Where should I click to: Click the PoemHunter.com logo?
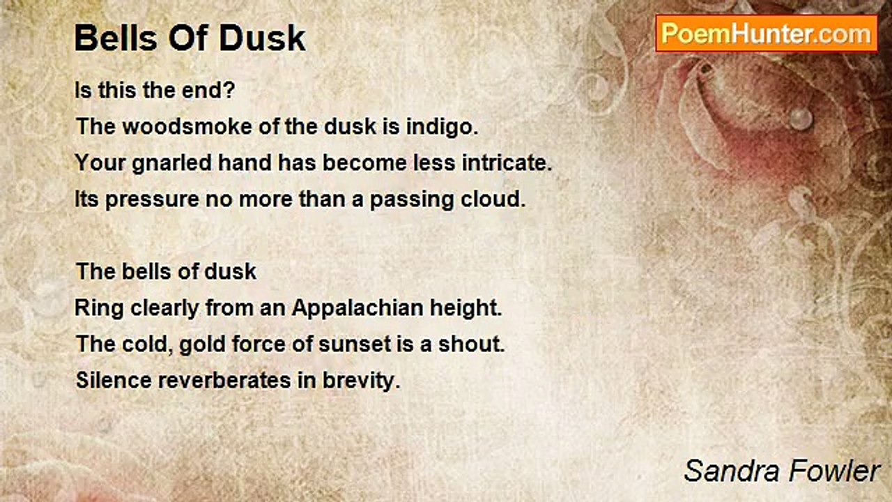(767, 34)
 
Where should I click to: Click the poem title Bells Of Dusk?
(190, 38)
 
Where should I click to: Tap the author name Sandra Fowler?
(782, 471)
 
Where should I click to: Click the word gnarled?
(171, 164)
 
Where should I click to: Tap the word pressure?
(152, 200)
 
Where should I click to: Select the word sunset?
(355, 344)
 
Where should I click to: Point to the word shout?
(472, 344)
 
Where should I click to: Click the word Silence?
(114, 380)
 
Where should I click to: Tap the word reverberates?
(224, 380)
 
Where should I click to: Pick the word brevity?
(361, 381)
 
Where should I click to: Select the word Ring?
(99, 309)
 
